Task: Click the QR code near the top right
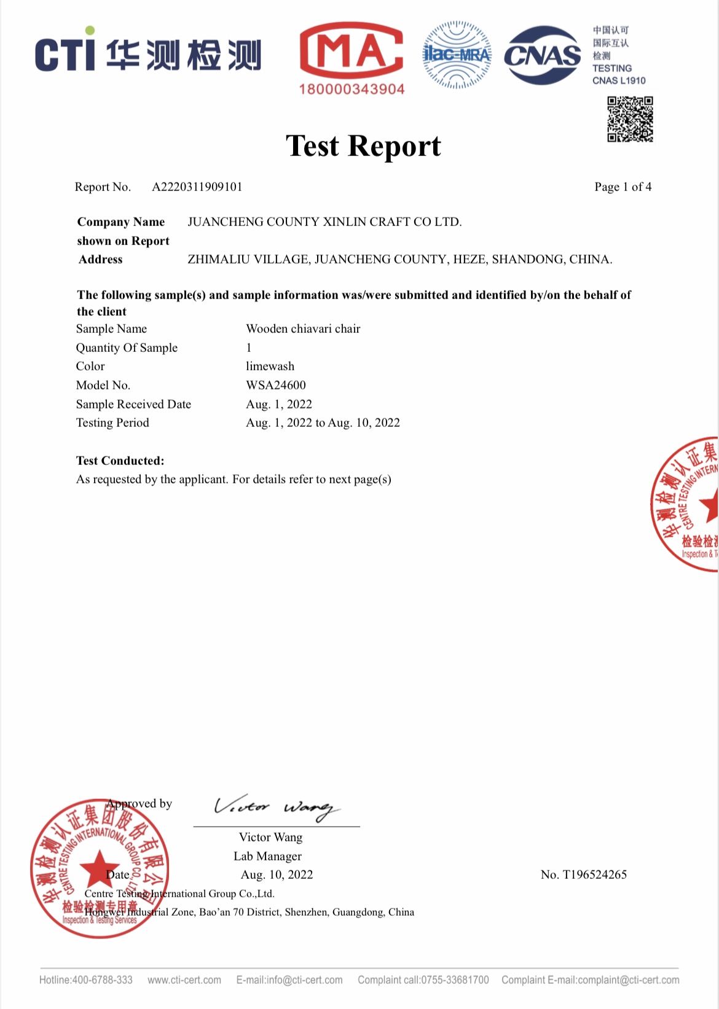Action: click(x=630, y=119)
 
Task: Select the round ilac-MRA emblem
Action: click(x=457, y=55)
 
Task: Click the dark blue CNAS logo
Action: click(x=542, y=55)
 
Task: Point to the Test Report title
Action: click(x=363, y=146)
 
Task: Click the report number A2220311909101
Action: click(x=197, y=187)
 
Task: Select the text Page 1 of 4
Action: click(x=623, y=187)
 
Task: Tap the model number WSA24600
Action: click(x=276, y=385)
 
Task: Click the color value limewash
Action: click(x=270, y=366)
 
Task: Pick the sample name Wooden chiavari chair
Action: click(x=303, y=329)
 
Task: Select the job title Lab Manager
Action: click(x=267, y=856)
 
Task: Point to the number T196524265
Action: click(x=584, y=875)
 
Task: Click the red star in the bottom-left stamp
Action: click(x=98, y=866)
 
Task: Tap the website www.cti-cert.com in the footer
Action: click(x=184, y=980)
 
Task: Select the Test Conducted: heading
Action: click(x=120, y=461)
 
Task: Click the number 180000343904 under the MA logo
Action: click(x=352, y=89)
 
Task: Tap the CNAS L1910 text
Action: click(x=619, y=80)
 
